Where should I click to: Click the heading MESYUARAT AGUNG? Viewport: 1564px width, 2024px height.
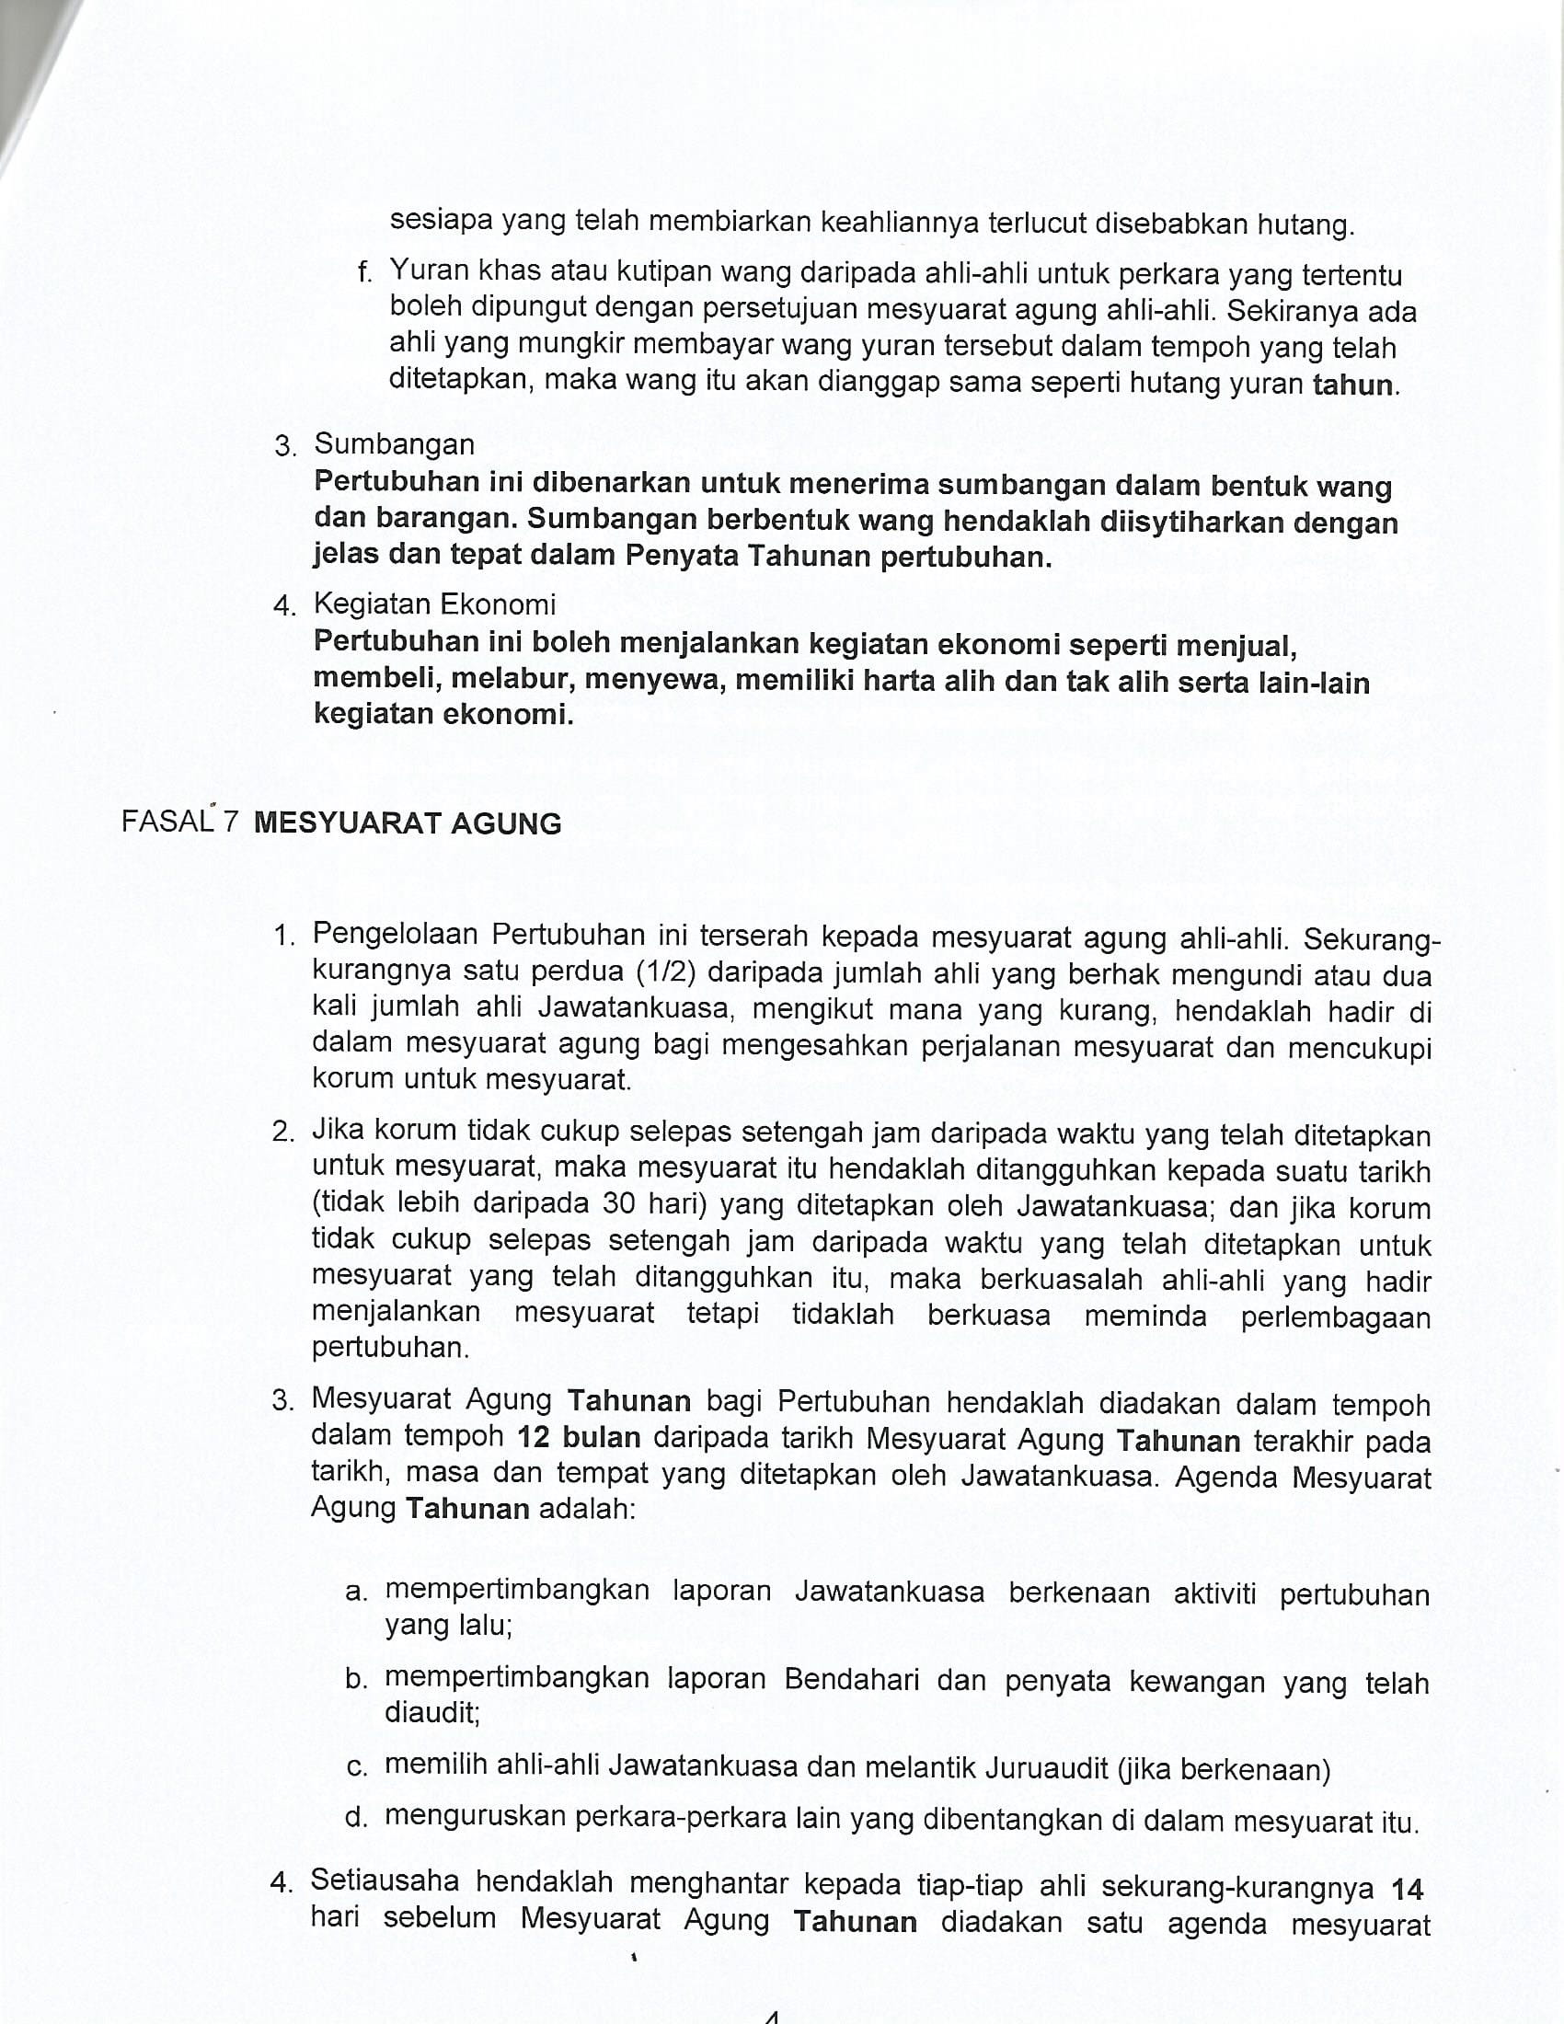pos(408,823)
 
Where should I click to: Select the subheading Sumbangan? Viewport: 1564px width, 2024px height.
pos(395,444)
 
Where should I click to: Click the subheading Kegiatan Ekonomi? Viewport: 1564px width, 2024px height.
pos(434,604)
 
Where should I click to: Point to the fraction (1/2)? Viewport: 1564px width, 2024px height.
pos(665,972)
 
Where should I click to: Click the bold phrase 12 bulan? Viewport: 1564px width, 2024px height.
pos(579,1437)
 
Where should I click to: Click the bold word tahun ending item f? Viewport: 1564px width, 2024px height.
pos(1353,385)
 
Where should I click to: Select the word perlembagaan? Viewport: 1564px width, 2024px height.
pos(1335,1317)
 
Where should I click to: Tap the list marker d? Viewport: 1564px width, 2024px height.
pos(356,1818)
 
